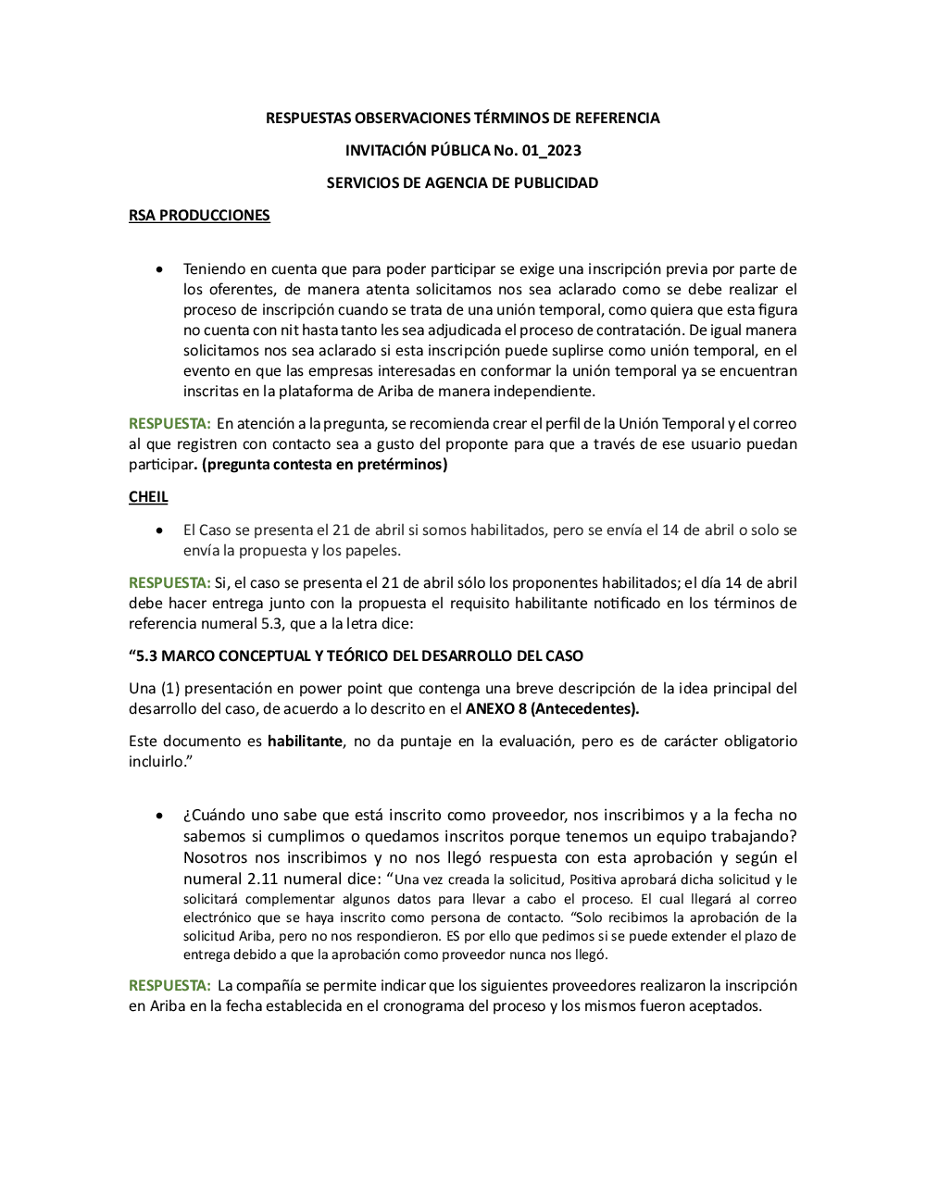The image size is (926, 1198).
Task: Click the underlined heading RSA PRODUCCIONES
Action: (199, 216)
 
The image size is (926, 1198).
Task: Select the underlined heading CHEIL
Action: (148, 497)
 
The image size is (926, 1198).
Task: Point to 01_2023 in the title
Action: (552, 151)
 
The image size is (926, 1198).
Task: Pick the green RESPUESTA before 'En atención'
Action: (169, 424)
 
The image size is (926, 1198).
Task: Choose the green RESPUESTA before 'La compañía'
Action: (169, 986)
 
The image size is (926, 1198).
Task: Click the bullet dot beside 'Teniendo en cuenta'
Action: (160, 269)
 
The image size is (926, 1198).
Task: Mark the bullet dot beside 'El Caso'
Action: (160, 530)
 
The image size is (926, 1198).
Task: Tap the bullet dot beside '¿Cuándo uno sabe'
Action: (160, 816)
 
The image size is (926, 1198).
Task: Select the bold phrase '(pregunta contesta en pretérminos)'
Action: (324, 465)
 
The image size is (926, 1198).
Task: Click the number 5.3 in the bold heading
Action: (146, 656)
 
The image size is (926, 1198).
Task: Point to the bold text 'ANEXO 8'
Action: (495, 709)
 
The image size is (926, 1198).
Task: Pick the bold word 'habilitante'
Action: (305, 742)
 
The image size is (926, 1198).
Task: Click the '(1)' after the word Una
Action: (170, 689)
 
